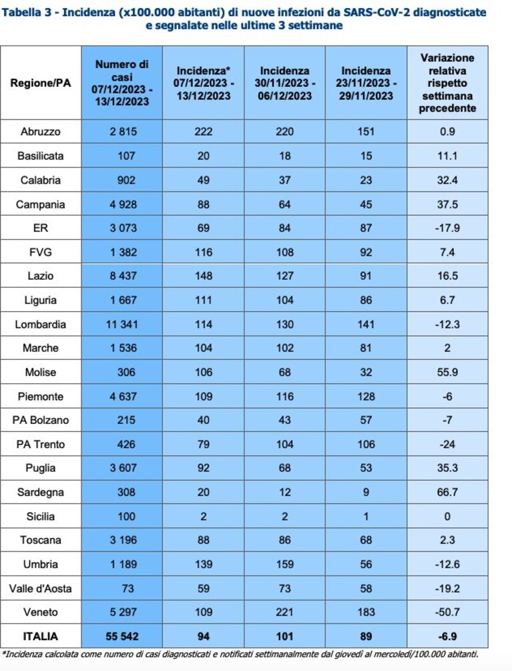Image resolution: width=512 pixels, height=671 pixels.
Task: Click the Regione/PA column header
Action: click(x=41, y=83)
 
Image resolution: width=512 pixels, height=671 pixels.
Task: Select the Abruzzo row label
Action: click(x=41, y=132)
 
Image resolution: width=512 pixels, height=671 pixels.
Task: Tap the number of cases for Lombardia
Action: click(x=122, y=324)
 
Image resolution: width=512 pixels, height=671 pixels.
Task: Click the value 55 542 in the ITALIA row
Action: click(x=122, y=636)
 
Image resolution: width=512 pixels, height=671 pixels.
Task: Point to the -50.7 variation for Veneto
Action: click(x=447, y=612)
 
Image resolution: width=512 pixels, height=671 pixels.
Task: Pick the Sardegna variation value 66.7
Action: click(x=447, y=492)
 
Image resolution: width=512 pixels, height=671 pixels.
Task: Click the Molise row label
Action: click(x=41, y=373)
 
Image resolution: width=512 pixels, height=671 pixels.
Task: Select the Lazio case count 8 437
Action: click(x=123, y=276)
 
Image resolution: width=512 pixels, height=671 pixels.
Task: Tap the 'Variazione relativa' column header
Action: click(x=447, y=83)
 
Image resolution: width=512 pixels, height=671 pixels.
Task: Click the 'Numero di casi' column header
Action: click(x=122, y=83)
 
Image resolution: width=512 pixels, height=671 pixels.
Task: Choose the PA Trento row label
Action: click(x=41, y=444)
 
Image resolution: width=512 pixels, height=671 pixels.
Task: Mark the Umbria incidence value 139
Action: click(x=204, y=564)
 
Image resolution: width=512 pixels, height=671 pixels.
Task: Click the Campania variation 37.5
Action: click(x=447, y=204)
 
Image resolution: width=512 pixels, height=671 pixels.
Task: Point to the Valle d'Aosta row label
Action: click(x=41, y=588)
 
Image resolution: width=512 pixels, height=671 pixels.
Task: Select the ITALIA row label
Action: click(x=41, y=636)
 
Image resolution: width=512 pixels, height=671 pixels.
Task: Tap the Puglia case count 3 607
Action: click(x=123, y=468)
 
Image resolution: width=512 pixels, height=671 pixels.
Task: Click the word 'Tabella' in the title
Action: click(x=22, y=12)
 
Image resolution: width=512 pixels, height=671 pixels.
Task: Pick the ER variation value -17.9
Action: click(x=447, y=228)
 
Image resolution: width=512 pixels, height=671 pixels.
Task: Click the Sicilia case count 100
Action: click(x=126, y=516)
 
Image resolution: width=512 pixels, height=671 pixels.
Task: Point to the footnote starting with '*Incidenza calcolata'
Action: click(x=240, y=654)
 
